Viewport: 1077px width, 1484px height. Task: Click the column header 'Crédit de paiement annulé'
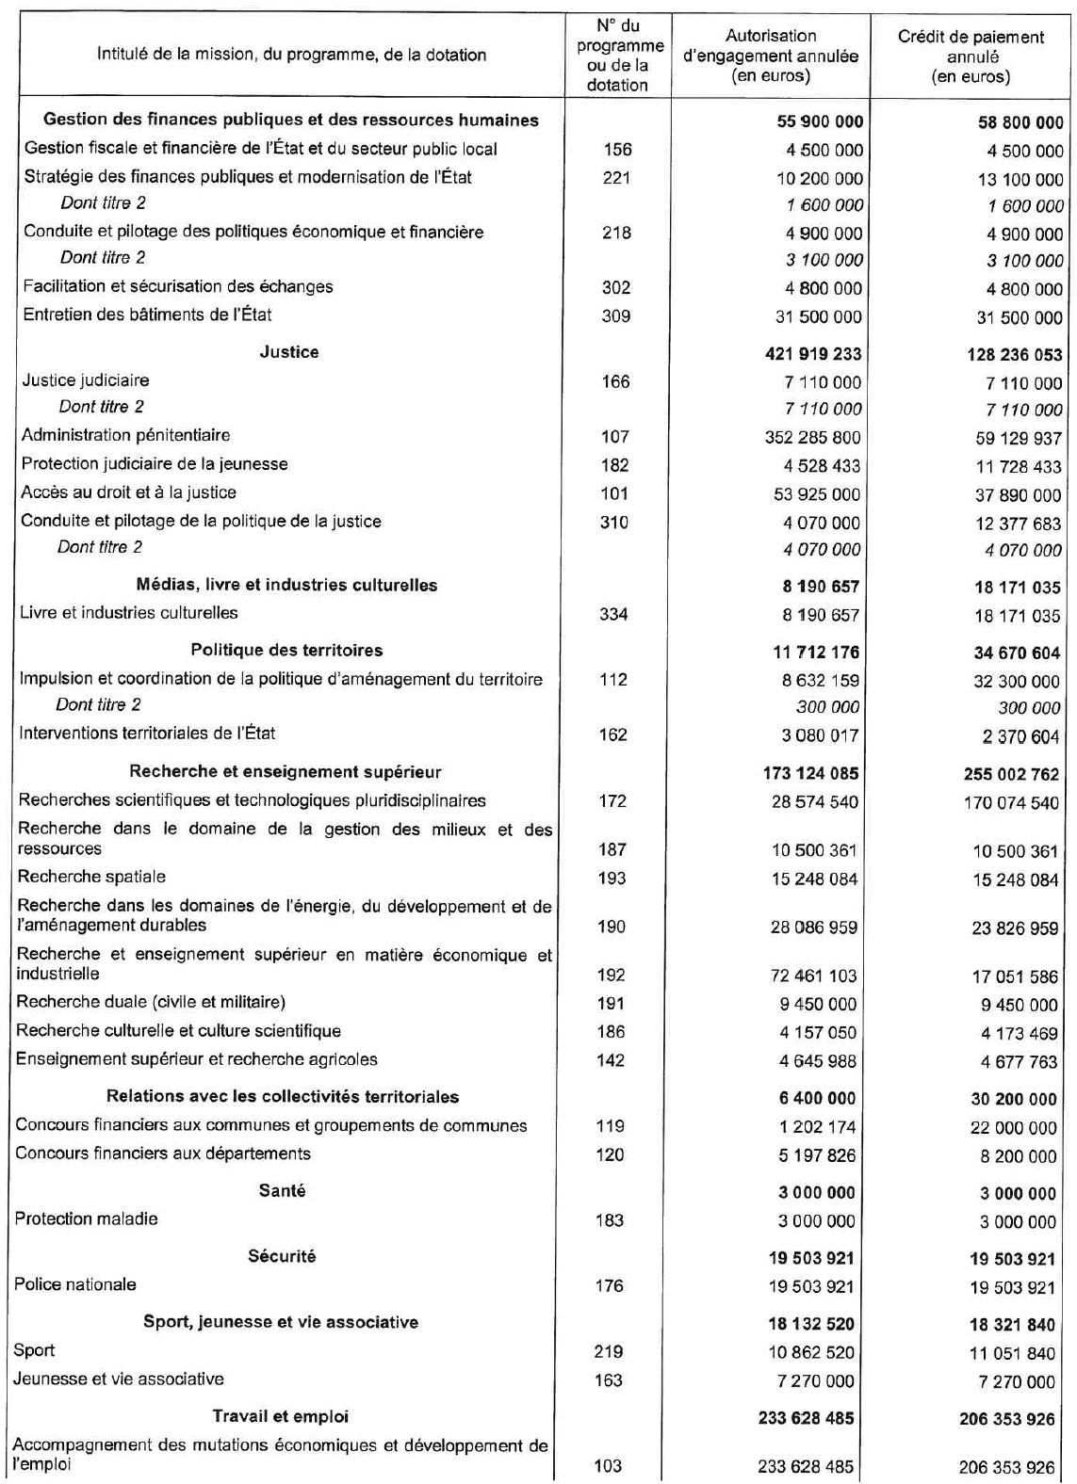971,56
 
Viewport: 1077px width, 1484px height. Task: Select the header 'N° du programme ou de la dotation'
618,55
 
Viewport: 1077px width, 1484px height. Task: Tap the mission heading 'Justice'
289,352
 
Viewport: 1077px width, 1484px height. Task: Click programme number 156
617,150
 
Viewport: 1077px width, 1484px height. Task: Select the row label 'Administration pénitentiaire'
125,436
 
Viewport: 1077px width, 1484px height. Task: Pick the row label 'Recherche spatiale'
91,877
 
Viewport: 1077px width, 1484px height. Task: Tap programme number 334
614,614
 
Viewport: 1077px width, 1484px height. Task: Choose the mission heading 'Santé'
282,1191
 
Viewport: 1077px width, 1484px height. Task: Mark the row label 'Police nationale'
75,1284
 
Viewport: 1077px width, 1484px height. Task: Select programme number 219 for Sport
609,1351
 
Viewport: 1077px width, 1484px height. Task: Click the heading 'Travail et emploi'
280,1416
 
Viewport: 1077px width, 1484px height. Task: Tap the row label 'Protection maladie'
86,1219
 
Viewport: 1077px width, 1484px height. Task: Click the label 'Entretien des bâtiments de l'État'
148,315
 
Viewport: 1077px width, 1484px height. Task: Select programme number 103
609,1465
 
